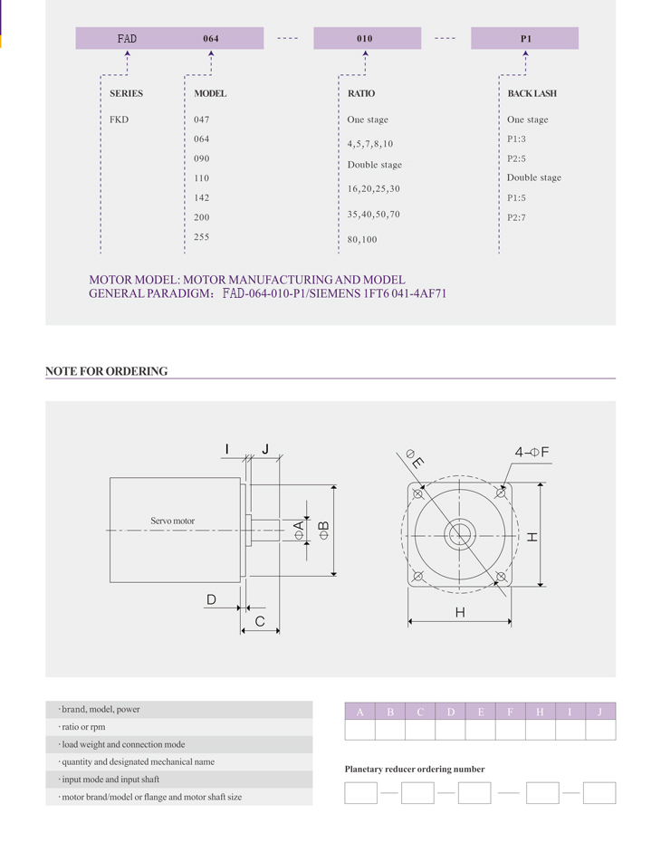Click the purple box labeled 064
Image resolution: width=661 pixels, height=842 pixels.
point(210,39)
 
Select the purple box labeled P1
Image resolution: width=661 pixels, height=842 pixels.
point(525,39)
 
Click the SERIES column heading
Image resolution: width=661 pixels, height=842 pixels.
point(126,93)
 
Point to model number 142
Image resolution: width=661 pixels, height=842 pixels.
point(201,197)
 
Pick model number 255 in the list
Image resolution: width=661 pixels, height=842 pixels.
point(201,237)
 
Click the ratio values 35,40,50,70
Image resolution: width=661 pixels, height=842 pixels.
point(373,215)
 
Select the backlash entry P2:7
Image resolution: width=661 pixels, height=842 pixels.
point(516,217)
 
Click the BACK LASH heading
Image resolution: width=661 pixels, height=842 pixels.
point(532,93)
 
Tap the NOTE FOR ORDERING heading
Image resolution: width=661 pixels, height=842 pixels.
point(107,371)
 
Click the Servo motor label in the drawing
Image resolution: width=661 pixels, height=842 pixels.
point(172,521)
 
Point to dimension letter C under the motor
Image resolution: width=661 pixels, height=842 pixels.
point(260,621)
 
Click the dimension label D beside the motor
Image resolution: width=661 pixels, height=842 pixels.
point(211,599)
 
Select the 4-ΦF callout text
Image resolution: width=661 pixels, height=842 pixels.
point(532,451)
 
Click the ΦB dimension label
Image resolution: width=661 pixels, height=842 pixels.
point(324,531)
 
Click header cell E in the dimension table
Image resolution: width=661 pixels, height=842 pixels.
point(480,712)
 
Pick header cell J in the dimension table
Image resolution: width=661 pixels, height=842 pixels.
point(599,712)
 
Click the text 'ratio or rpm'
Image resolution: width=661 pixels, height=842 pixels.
point(83,727)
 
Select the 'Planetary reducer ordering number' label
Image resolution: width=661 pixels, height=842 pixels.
point(415,769)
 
